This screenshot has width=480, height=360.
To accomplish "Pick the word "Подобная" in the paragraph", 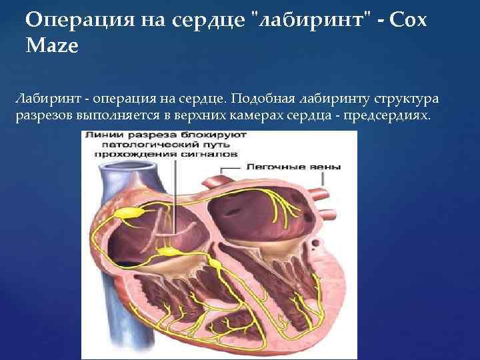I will [x=262, y=99].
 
